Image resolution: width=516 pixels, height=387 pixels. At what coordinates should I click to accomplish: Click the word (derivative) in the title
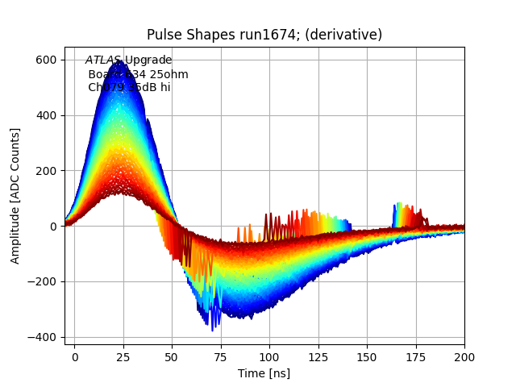pos(342,35)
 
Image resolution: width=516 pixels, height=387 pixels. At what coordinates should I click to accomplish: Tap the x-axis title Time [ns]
pos(264,373)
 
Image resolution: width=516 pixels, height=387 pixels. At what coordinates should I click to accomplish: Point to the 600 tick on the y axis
pos(46,60)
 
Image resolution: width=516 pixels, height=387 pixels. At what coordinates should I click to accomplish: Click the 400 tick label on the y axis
pos(46,115)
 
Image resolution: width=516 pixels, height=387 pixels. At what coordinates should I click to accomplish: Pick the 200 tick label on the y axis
pos(46,171)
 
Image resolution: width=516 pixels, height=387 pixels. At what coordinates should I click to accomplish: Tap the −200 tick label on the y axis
pos(42,281)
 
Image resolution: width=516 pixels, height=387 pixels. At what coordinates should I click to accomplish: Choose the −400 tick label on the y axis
pos(42,337)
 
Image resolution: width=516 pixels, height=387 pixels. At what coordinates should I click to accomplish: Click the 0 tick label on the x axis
pos(75,356)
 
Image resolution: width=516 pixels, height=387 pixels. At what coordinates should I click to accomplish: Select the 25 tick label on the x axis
pos(123,356)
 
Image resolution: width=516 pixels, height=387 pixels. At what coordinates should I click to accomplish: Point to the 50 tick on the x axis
pos(172,356)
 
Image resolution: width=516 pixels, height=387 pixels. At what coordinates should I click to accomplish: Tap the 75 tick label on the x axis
pos(221,356)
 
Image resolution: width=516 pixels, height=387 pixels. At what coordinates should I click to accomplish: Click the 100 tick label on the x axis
pos(269,356)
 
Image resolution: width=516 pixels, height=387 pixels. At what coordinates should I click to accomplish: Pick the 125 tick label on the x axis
pos(318,356)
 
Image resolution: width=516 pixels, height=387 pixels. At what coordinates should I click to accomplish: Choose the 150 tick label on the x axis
pos(367,356)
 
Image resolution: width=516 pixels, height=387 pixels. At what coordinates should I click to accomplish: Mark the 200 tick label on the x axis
pos(464,356)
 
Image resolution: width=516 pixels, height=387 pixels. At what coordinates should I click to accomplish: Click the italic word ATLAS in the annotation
pos(103,60)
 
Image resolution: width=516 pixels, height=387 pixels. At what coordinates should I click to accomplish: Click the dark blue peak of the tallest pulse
pos(122,61)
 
